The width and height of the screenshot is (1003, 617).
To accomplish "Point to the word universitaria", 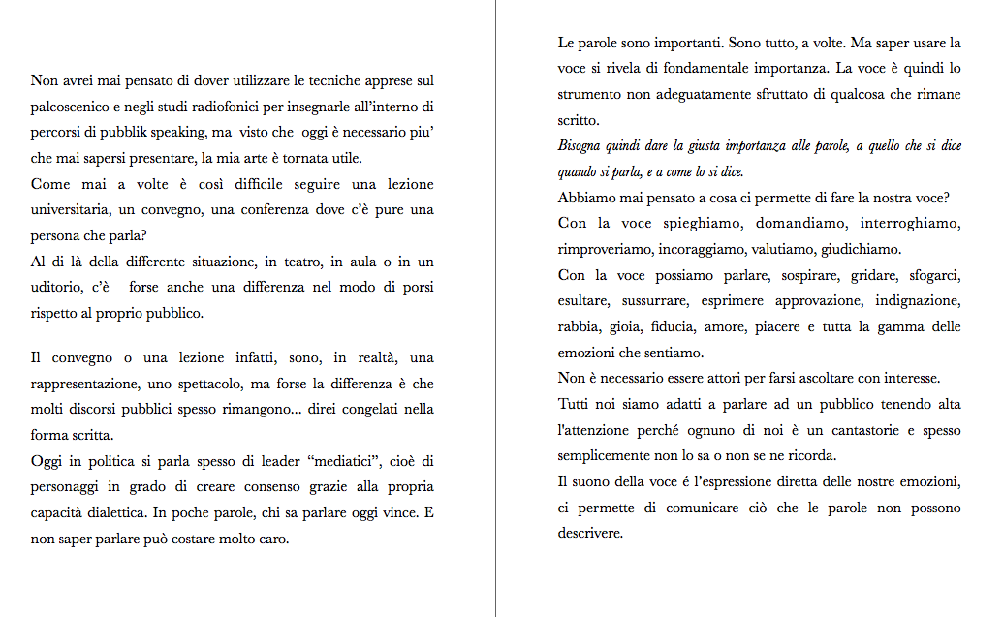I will click(76, 210).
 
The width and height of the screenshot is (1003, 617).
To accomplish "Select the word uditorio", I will click(55, 289).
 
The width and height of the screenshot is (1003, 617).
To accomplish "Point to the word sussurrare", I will click(659, 302).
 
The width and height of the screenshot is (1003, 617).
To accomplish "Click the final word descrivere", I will click(589, 534).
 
